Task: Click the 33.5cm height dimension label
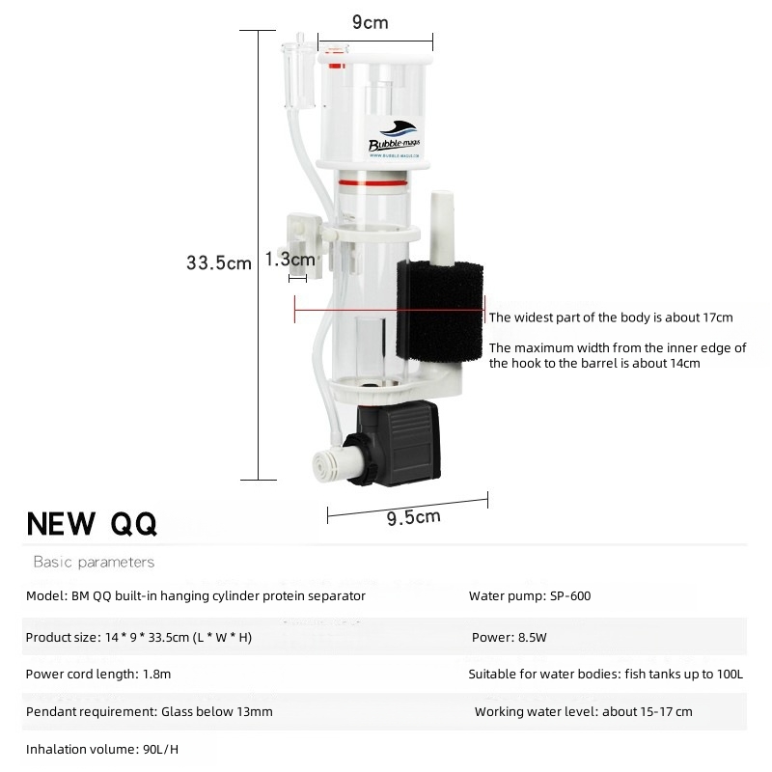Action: [x=219, y=262]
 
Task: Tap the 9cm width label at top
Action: [x=371, y=22]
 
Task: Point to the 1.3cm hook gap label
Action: [x=290, y=259]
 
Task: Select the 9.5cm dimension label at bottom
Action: [x=414, y=517]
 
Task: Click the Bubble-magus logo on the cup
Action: [x=395, y=139]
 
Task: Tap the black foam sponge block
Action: [x=440, y=312]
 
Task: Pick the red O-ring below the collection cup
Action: [x=372, y=183]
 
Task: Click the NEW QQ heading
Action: [x=92, y=523]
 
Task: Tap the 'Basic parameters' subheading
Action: [x=94, y=562]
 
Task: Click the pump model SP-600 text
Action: [x=570, y=595]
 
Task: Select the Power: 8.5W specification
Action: [x=510, y=637]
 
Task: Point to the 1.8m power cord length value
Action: [x=156, y=674]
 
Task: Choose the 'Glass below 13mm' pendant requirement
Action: [x=216, y=711]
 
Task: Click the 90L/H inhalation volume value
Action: [x=160, y=750]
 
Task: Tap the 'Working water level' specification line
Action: [x=584, y=711]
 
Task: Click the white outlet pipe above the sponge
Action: [x=442, y=228]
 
